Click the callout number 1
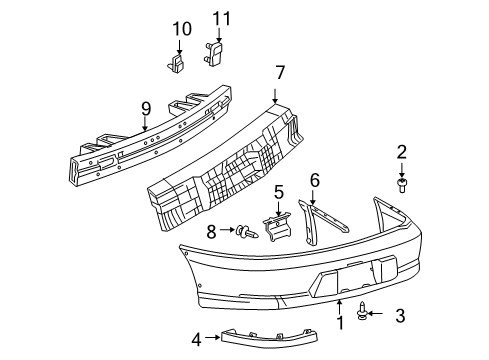(x=340, y=322)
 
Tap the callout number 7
(x=281, y=72)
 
